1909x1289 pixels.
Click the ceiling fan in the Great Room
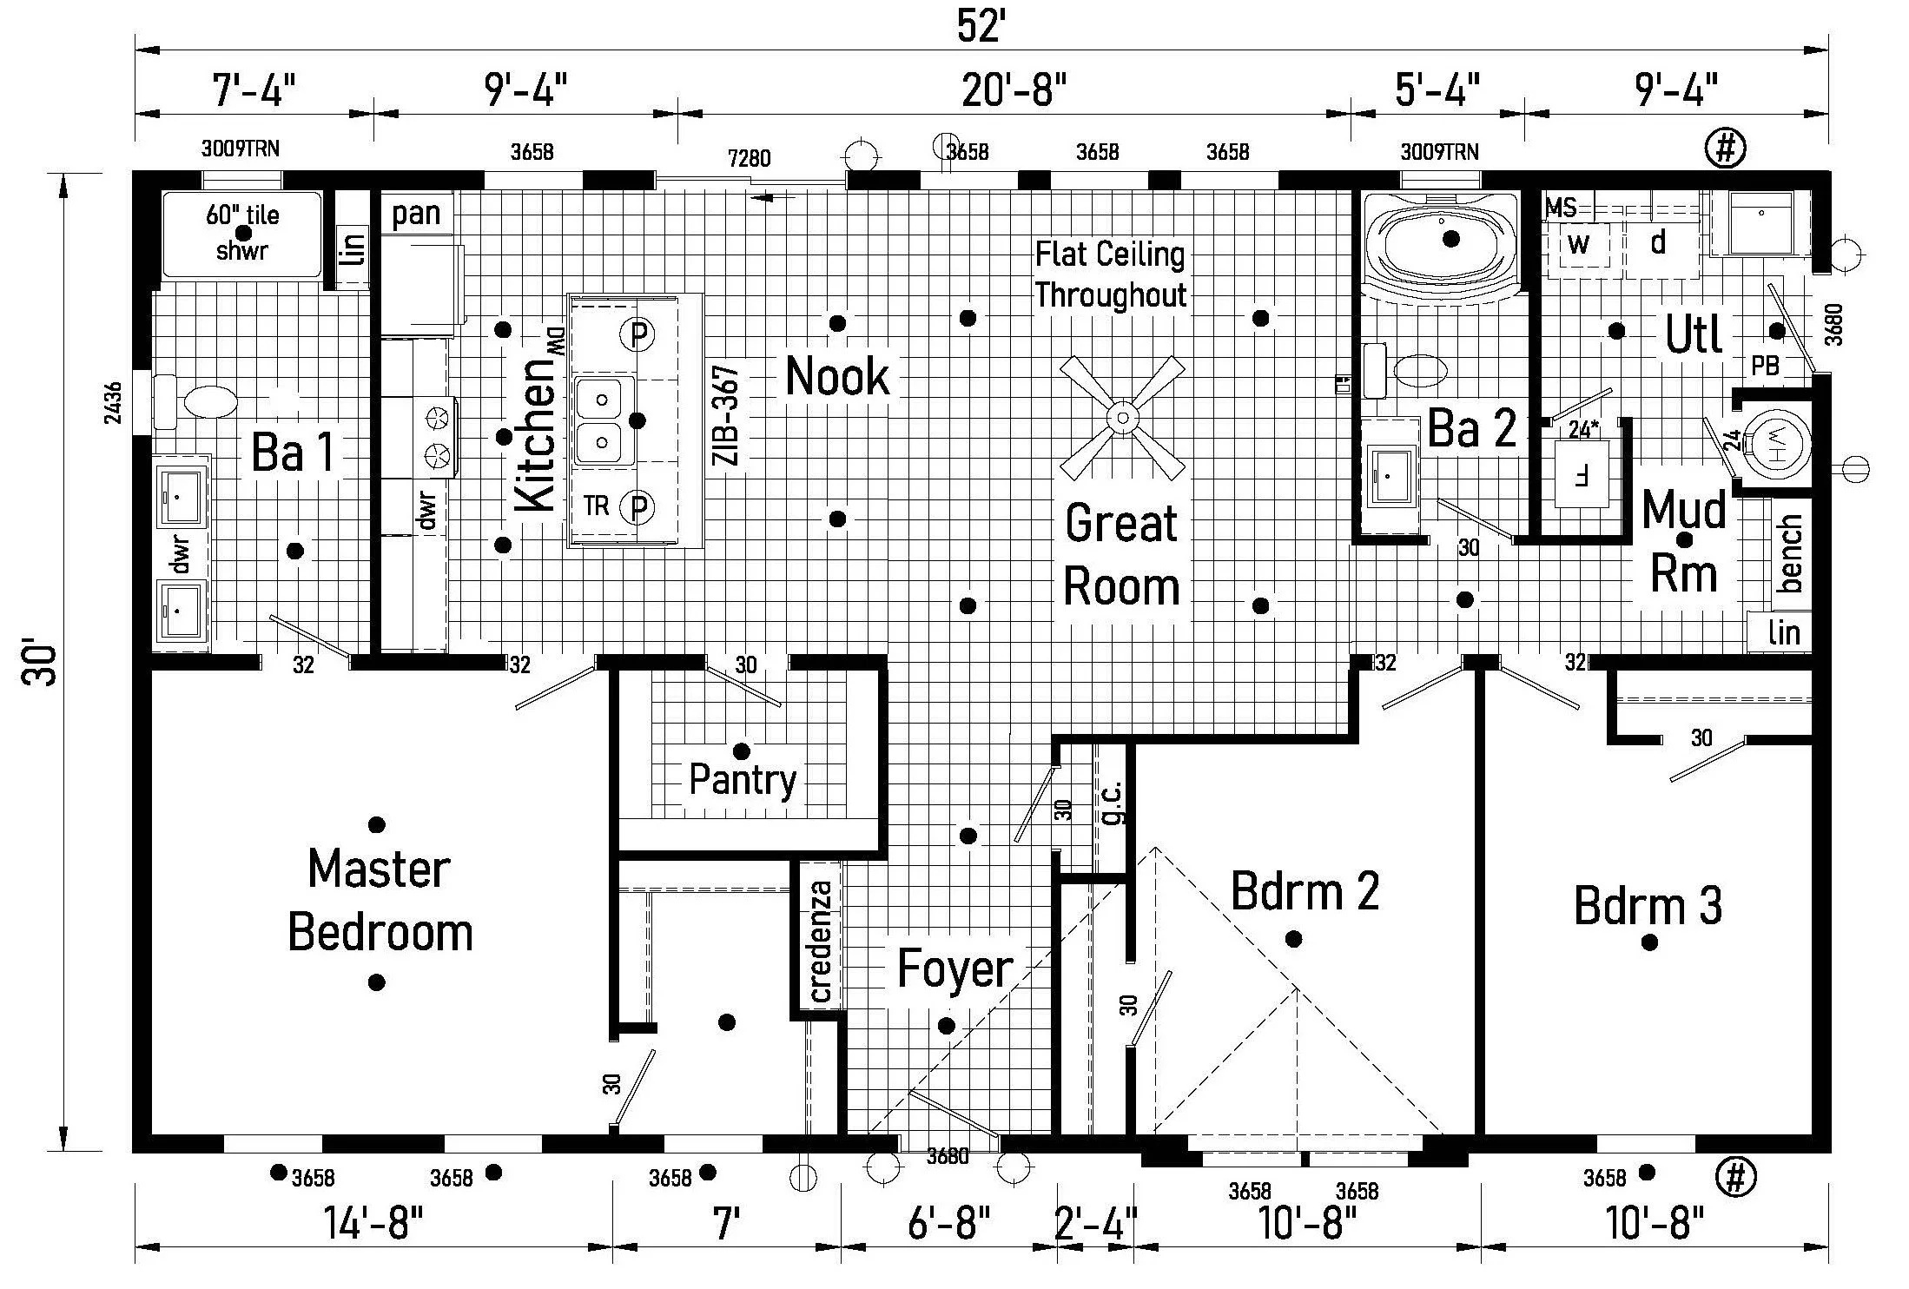pyautogui.click(x=1122, y=418)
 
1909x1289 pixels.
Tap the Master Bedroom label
pyautogui.click(x=380, y=900)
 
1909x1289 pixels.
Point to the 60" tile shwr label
pyautogui.click(x=242, y=233)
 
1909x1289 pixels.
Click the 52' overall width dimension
pyautogui.click(x=981, y=27)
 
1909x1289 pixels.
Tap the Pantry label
pyautogui.click(x=743, y=779)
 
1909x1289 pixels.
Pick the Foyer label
pyautogui.click(x=954, y=968)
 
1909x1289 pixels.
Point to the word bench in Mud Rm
pyautogui.click(x=1790, y=552)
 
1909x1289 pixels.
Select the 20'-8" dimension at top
pyautogui.click(x=1014, y=89)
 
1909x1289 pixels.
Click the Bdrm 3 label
pyautogui.click(x=1648, y=906)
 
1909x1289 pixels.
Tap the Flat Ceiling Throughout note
pyautogui.click(x=1110, y=274)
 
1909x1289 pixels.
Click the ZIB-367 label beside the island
pyautogui.click(x=726, y=415)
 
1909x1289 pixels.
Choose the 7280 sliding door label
pyautogui.click(x=750, y=159)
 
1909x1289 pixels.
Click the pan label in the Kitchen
pyautogui.click(x=416, y=214)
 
